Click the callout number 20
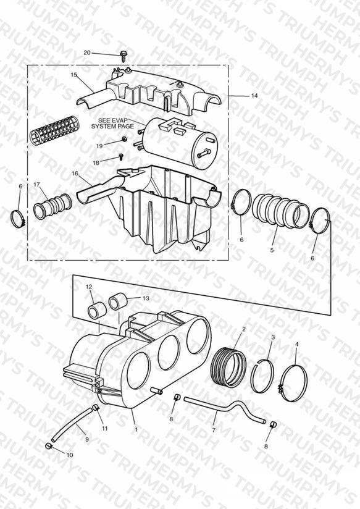tap(87, 53)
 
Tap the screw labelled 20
tap(123, 56)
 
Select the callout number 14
tap(254, 95)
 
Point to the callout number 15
tap(73, 75)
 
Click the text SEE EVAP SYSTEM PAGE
tap(112, 124)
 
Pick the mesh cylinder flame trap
tap(54, 130)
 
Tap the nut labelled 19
tap(124, 139)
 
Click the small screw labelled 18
tap(121, 157)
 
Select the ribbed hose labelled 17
tap(52, 206)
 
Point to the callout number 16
tap(75, 174)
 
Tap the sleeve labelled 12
tap(97, 311)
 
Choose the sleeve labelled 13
tap(117, 301)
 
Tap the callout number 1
tap(136, 429)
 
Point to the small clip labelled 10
tap(48, 446)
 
